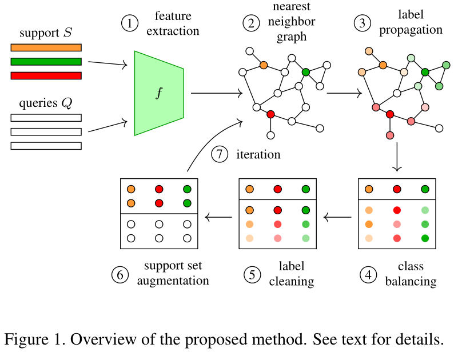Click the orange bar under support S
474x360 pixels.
click(46, 48)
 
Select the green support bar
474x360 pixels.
click(46, 62)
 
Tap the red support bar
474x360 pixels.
click(46, 75)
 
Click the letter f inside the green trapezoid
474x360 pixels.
click(158, 93)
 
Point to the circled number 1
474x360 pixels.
click(130, 23)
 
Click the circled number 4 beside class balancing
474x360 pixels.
click(368, 274)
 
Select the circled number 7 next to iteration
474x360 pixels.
click(220, 155)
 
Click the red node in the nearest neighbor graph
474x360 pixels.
click(271, 114)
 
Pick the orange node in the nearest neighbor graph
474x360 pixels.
click(264, 65)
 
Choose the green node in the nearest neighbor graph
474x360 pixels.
click(306, 72)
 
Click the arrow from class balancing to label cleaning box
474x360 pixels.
click(337, 217)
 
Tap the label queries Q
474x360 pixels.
click(45, 103)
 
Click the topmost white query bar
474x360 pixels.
click(46, 118)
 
